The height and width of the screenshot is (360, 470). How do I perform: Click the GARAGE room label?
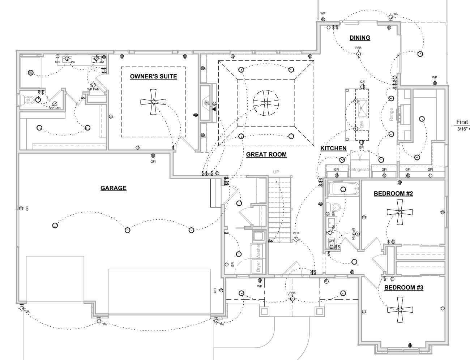pos(114,188)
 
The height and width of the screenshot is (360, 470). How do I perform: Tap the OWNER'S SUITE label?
pos(153,76)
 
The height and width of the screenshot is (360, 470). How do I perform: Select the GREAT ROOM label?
pos(266,155)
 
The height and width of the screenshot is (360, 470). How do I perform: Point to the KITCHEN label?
pos(333,148)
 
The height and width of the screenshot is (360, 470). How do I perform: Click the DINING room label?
pos(360,38)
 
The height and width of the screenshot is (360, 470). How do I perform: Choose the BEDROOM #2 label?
pos(393,193)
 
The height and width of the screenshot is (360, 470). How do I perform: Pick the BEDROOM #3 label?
pos(403,287)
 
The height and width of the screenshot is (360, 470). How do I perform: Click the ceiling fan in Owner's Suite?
pos(153,102)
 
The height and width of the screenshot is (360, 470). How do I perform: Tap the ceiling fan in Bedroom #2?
pos(399,212)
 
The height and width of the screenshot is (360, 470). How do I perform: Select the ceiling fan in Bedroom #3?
pos(400,310)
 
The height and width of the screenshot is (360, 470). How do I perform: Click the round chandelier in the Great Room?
pos(266,103)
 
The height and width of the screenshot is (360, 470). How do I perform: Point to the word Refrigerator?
pos(360,169)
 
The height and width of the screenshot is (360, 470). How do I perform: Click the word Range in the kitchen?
pos(391,114)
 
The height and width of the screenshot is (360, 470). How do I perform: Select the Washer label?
pos(258,250)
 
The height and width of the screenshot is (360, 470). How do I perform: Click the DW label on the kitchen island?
pos(361,125)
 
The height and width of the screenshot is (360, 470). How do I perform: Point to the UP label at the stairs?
pos(276,172)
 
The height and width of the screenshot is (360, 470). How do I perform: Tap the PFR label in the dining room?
pos(358,48)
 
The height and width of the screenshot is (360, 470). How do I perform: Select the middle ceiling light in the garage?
pos(127,230)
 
